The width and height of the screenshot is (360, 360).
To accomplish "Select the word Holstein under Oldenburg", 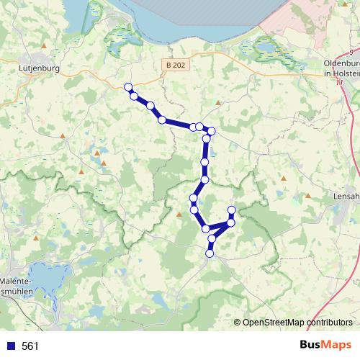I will tap(341, 72).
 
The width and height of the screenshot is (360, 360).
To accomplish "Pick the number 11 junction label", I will tap(338, 81).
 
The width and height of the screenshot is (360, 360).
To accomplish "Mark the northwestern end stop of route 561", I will tap(129, 87).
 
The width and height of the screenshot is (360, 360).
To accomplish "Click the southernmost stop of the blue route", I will tap(210, 253).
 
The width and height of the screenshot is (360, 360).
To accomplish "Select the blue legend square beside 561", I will tap(11, 346).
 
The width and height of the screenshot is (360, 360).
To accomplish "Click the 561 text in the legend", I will tap(30, 346).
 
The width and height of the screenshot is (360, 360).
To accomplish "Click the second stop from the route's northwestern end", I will tap(134, 96).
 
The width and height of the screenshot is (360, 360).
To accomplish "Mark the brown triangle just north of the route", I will tap(218, 103).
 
